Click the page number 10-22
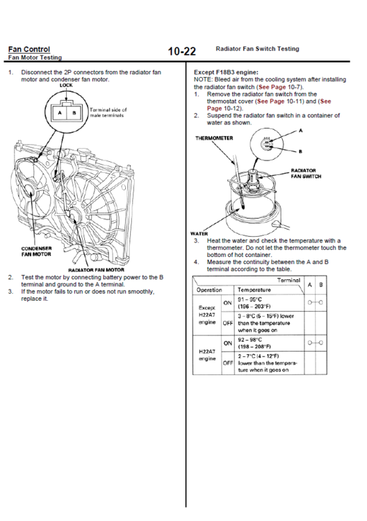click(x=182, y=51)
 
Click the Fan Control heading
click(x=29, y=49)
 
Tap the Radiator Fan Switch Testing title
click(x=257, y=49)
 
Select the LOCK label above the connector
click(x=66, y=85)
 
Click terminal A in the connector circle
click(x=60, y=113)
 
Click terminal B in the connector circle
click(x=74, y=113)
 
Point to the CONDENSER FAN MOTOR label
click(x=36, y=251)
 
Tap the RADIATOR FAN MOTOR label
click(x=96, y=270)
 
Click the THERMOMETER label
click(x=214, y=138)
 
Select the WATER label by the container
click(x=199, y=233)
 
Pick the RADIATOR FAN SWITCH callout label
click(x=306, y=174)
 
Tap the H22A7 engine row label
click(x=206, y=355)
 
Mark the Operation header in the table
click(x=209, y=290)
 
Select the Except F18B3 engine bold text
click(x=226, y=72)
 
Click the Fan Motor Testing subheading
click(x=35, y=57)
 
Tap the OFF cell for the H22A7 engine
click(x=228, y=363)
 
